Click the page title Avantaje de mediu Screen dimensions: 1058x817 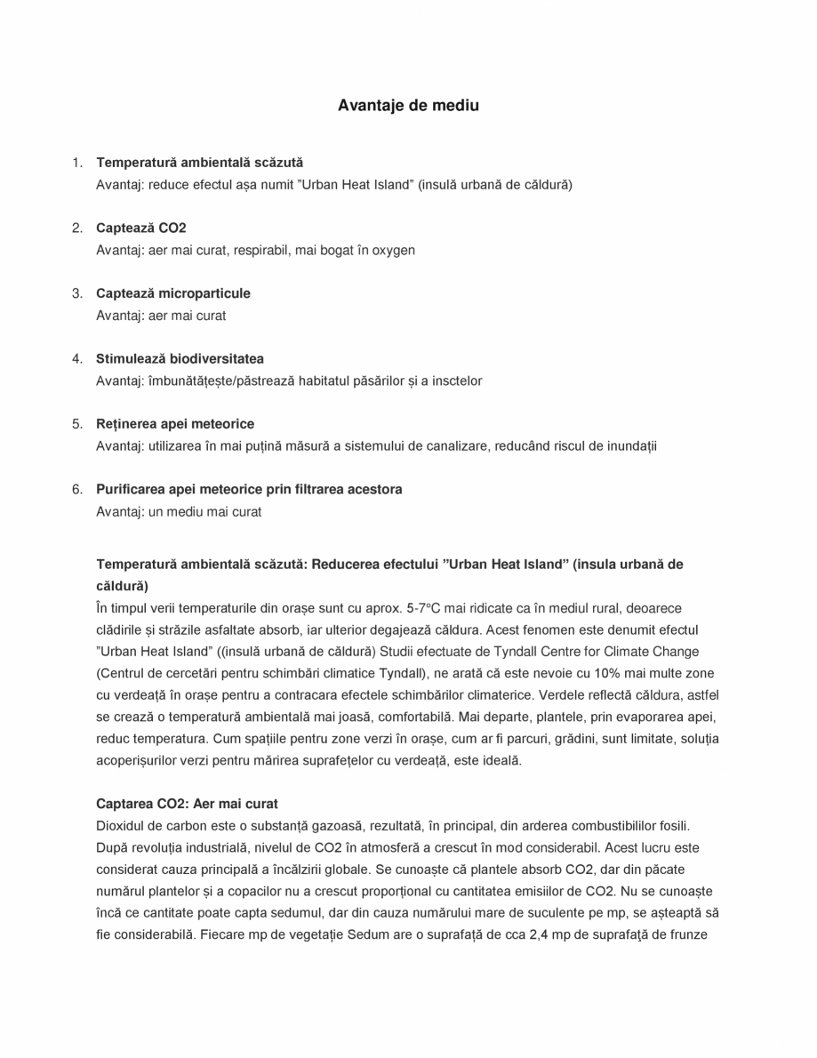[x=408, y=106]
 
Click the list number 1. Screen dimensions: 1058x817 [x=77, y=163]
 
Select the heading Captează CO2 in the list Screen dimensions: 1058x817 [x=140, y=228]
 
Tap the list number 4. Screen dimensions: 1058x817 [x=77, y=359]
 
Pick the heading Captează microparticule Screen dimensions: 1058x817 [x=172, y=293]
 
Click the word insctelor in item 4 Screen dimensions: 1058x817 [x=457, y=381]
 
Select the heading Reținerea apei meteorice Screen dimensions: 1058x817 [x=174, y=424]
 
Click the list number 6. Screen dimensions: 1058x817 [x=77, y=490]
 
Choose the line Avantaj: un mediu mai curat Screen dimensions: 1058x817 [x=179, y=512]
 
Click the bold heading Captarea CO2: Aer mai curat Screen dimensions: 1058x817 [x=187, y=805]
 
